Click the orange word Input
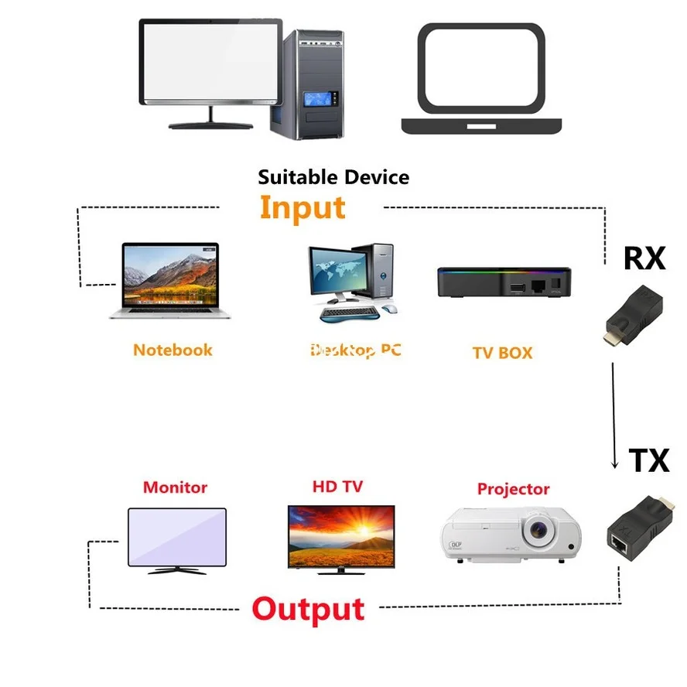pos(302,208)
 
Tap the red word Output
pos(308,609)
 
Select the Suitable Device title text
pos(333,177)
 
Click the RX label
pos(644,258)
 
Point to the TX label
pos(648,460)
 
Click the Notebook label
pos(173,350)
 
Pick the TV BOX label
pos(502,353)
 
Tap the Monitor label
pos(175,487)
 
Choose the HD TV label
pos(337,487)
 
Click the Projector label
pos(513,489)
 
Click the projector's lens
pos(539,531)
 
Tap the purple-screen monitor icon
pos(176,539)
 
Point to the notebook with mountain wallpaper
pos(171,280)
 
